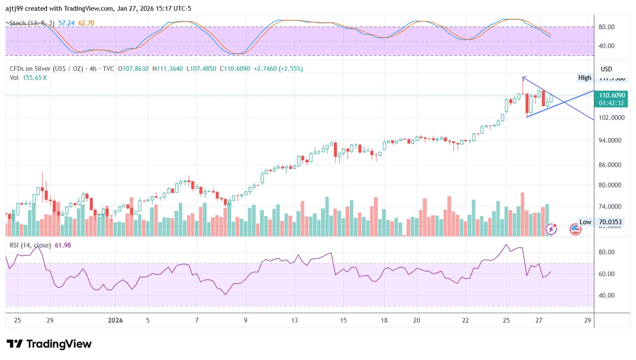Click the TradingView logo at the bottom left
(49, 344)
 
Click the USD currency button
(606, 69)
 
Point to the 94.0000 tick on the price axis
(611, 141)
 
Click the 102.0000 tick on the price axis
(611, 118)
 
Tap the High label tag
(584, 78)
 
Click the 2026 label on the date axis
(115, 321)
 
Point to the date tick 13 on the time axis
(294, 321)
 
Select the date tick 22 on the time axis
(465, 321)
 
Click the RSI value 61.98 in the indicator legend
(62, 246)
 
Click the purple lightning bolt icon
(551, 229)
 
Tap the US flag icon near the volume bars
(575, 229)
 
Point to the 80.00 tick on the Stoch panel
(607, 27)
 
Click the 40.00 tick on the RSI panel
(607, 296)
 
